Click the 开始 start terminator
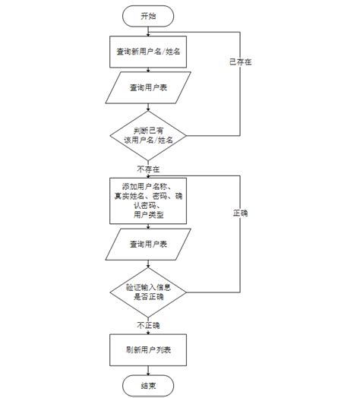point(148,14)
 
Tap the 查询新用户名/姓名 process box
point(148,52)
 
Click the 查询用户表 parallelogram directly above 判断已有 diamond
point(148,88)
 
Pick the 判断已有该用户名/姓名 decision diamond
point(148,135)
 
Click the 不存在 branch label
point(148,168)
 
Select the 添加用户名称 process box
point(148,201)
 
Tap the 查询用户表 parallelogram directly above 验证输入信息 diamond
point(148,243)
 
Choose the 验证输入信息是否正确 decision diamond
point(148,291)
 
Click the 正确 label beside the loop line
point(240,213)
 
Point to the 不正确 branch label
point(148,324)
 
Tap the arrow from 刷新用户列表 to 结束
point(148,371)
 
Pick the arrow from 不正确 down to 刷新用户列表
point(148,331)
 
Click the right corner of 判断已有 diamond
point(187,135)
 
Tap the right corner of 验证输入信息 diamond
point(187,291)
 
